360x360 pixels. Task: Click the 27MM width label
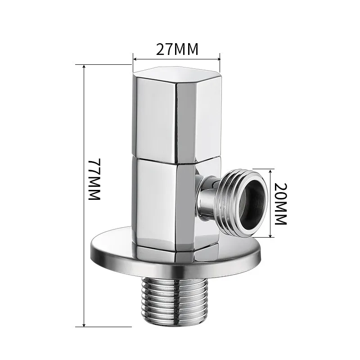pos(177,49)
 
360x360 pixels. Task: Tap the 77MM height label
pos(94,180)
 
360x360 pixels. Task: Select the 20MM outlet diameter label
pos(280,204)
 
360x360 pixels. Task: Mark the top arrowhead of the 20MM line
pos(270,171)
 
